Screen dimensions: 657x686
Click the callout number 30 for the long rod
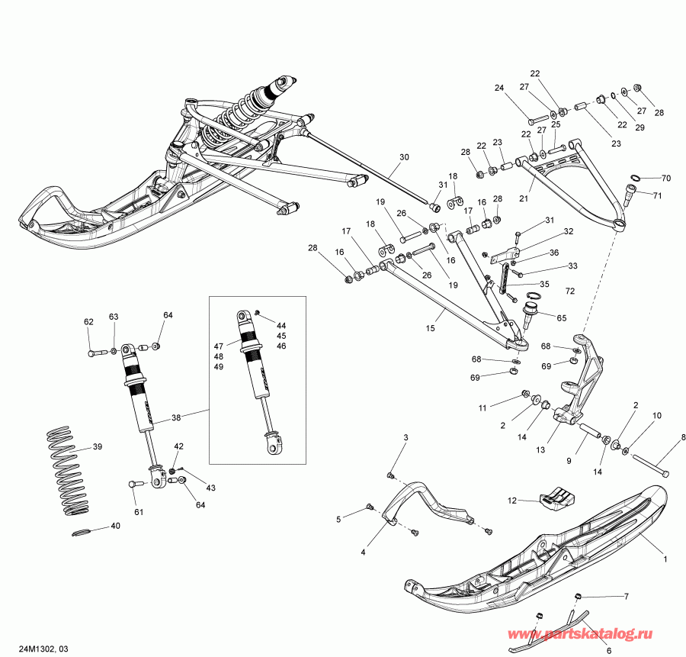coord(404,157)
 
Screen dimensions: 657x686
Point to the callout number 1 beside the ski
coord(665,559)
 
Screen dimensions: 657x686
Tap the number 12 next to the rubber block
coord(512,500)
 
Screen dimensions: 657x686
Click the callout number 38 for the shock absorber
coord(176,417)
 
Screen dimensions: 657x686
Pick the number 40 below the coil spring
coord(115,526)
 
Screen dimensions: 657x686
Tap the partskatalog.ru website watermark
coord(592,635)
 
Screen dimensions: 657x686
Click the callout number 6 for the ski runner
coord(608,650)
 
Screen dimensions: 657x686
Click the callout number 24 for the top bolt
coord(499,88)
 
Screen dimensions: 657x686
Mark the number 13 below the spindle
coord(540,450)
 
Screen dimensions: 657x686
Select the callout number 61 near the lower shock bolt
coord(138,511)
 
